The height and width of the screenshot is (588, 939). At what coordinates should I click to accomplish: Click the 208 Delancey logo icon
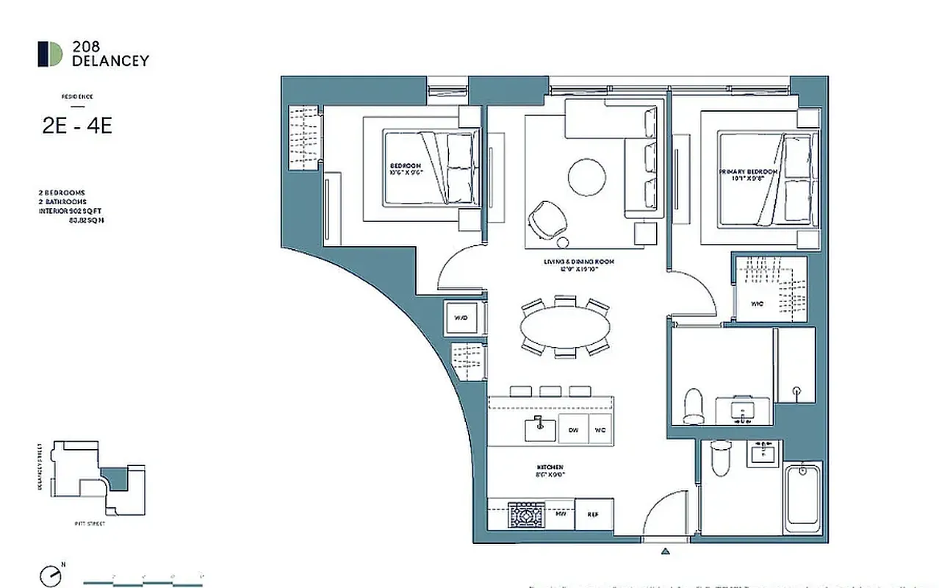(x=51, y=54)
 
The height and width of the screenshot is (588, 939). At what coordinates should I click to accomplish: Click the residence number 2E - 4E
(x=77, y=126)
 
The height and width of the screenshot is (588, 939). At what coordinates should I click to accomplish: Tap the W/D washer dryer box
(x=461, y=318)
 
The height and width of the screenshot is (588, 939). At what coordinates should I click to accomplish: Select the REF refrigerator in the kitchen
(x=593, y=514)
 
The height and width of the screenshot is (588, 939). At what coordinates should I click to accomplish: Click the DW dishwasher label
(x=573, y=429)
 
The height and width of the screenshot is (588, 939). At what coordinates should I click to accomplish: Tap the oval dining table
(x=565, y=328)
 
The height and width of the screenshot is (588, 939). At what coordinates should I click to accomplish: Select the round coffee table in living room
(x=587, y=177)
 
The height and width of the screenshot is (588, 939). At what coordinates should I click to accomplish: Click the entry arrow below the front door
(x=666, y=551)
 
